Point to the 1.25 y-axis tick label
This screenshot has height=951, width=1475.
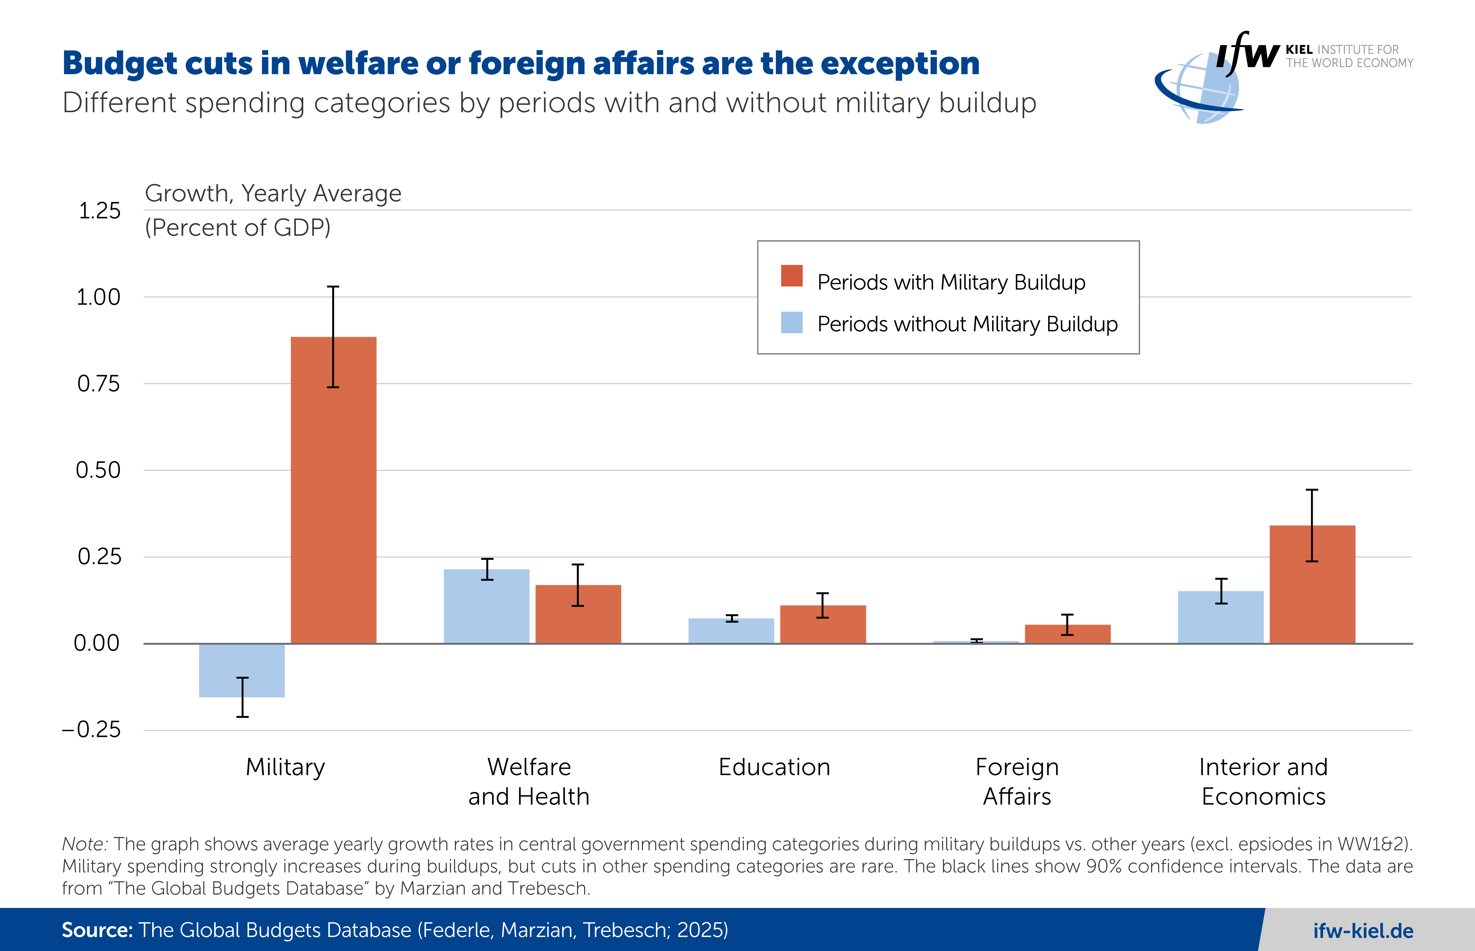point(99,211)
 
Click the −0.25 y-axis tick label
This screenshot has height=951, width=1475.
point(91,730)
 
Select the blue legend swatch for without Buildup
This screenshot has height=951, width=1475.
point(791,322)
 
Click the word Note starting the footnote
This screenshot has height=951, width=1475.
point(85,844)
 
